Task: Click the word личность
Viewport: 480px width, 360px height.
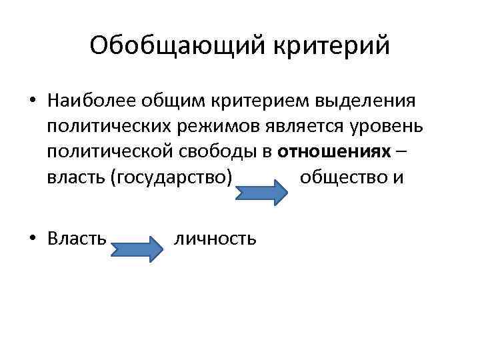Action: pos(215,238)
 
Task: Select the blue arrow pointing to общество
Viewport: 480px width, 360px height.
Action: pos(262,193)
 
